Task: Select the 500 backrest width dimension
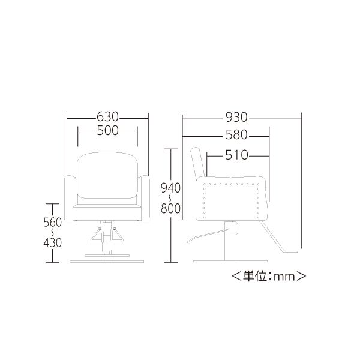click(x=107, y=131)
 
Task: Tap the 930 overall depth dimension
click(x=236, y=118)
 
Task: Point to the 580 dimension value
click(x=236, y=135)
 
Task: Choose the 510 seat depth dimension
click(x=236, y=155)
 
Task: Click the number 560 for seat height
click(x=53, y=222)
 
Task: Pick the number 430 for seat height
click(x=53, y=242)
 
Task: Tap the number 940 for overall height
click(x=171, y=188)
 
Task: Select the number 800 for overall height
click(x=171, y=208)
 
